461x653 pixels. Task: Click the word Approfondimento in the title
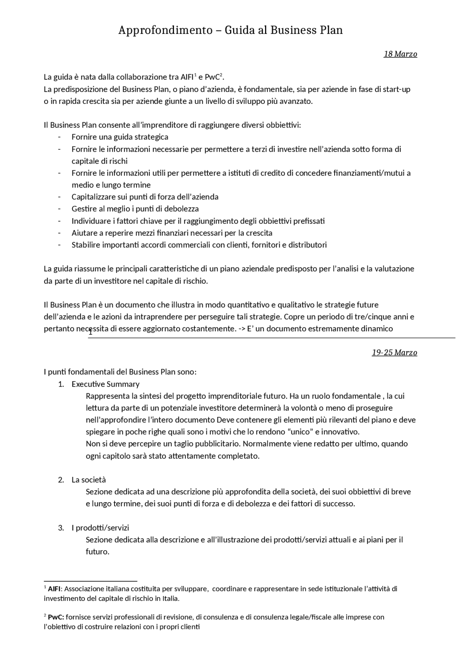coord(165,30)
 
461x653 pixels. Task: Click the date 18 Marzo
coord(400,54)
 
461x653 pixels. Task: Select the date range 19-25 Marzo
coord(394,353)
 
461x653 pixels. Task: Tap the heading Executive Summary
coord(105,384)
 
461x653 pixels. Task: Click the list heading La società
coord(89,480)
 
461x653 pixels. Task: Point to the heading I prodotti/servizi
coord(100,528)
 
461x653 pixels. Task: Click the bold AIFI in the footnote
coord(54,589)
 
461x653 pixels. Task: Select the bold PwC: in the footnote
coord(56,617)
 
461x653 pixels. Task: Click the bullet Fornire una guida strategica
coord(120,137)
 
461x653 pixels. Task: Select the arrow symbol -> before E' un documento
coord(242,329)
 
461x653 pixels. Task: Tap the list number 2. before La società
coord(61,480)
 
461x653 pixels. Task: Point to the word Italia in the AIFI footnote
coord(169,599)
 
